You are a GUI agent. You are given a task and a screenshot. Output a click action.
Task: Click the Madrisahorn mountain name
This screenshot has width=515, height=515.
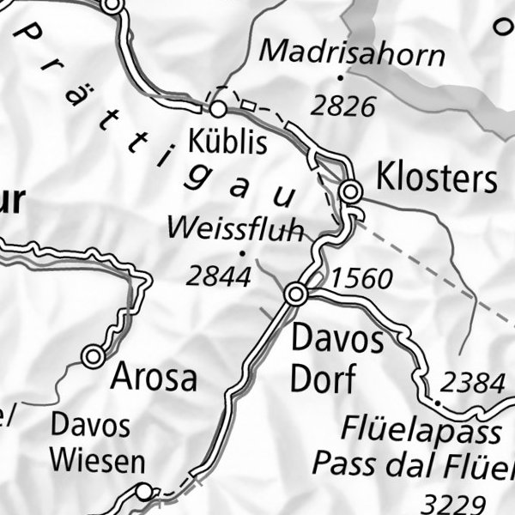click(352, 53)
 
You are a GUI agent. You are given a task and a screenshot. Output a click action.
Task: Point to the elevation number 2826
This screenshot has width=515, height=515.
click(343, 106)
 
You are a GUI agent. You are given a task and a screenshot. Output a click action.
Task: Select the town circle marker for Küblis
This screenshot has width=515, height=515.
click(218, 109)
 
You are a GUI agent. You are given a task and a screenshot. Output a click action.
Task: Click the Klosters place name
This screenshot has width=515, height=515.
click(437, 179)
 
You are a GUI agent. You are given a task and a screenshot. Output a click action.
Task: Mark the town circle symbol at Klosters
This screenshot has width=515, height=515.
click(350, 191)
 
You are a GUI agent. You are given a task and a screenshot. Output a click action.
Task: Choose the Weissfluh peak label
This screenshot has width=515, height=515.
click(235, 229)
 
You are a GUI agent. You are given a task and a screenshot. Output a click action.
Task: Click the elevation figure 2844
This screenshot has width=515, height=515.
click(219, 276)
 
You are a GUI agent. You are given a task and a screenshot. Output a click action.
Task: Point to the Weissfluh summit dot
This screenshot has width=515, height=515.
click(243, 253)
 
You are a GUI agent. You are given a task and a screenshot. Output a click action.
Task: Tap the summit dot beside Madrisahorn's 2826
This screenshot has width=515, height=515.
click(340, 76)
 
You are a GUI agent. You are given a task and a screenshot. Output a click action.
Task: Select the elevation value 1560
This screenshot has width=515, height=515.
click(361, 278)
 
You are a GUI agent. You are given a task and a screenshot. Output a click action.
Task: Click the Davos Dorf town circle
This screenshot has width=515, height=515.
click(296, 294)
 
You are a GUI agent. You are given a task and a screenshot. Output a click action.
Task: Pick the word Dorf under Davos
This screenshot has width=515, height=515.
click(322, 379)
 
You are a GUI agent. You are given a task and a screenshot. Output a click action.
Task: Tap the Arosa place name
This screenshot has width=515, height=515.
click(154, 377)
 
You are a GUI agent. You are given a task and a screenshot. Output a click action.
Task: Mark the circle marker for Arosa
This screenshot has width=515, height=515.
click(94, 355)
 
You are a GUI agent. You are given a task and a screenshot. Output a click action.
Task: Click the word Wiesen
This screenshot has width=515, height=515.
click(97, 461)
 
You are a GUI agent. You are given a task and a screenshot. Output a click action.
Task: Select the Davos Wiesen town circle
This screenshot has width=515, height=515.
click(144, 491)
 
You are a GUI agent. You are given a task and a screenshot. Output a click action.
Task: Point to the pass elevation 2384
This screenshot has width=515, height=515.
click(472, 382)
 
